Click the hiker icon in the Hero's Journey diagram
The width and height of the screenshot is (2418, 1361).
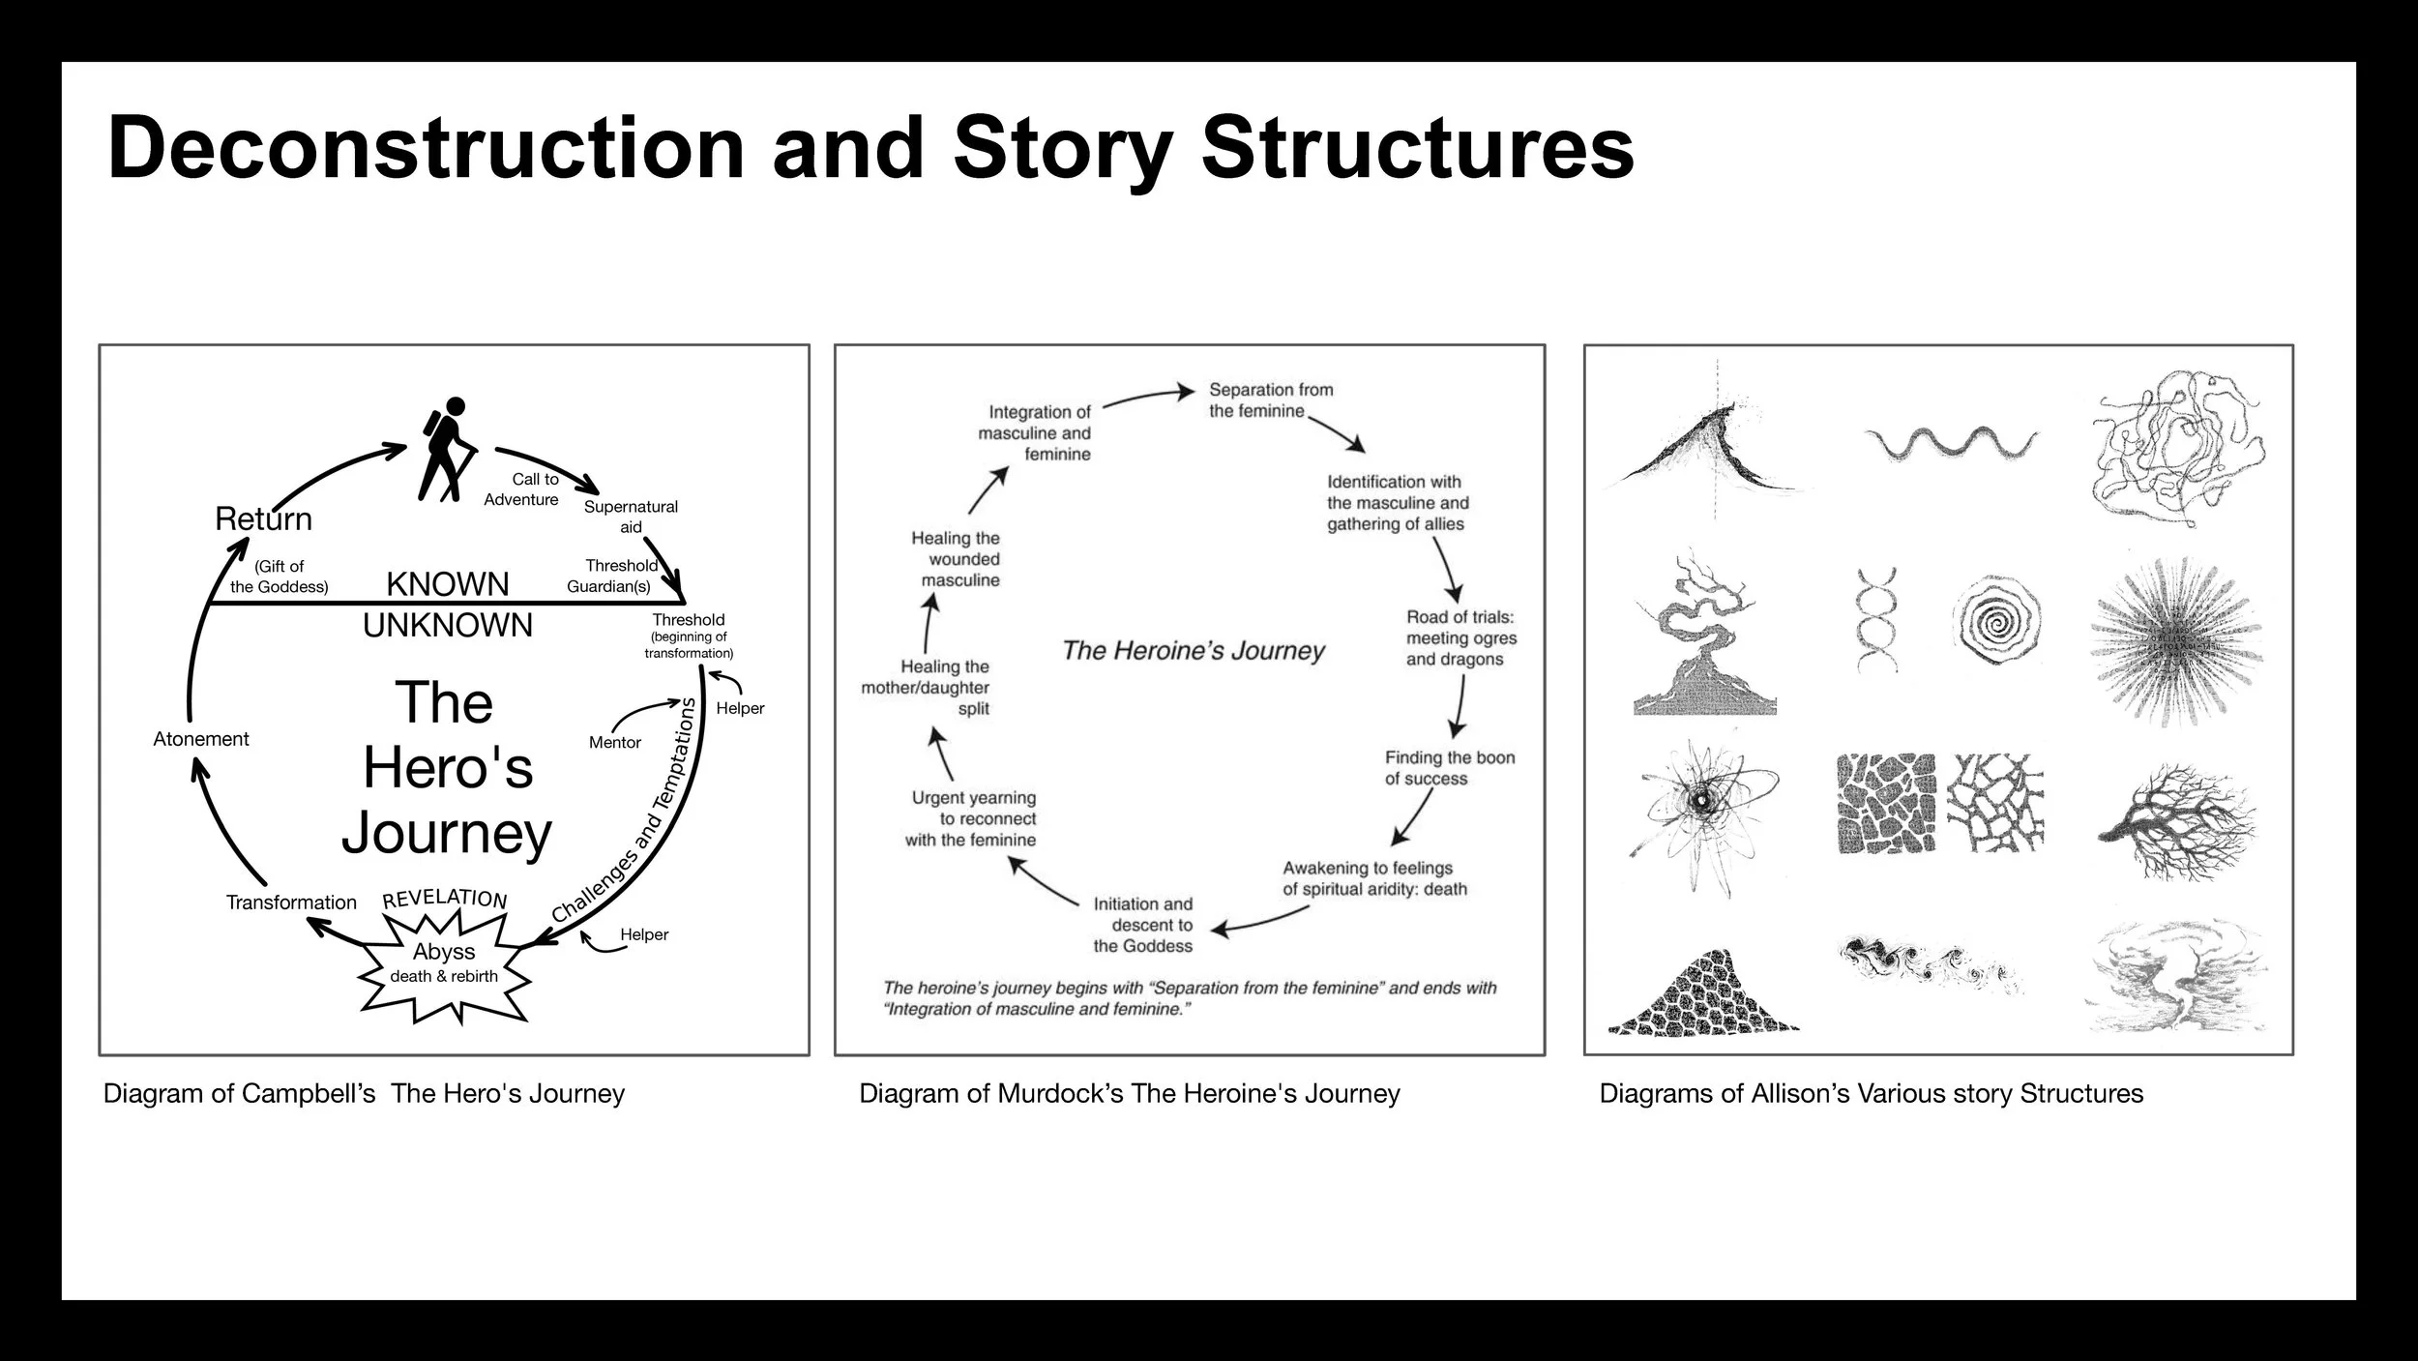pos(446,450)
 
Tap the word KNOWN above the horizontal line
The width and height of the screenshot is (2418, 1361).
pos(447,584)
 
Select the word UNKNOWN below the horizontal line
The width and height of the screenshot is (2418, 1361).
pos(447,626)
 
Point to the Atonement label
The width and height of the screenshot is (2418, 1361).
pos(200,739)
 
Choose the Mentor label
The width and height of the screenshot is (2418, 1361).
pos(614,742)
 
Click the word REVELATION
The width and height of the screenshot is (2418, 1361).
pos(444,898)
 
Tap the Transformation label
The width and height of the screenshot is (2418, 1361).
pos(291,902)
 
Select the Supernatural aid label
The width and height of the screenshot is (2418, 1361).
pos(631,517)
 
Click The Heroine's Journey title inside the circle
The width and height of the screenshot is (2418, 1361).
pos(1193,650)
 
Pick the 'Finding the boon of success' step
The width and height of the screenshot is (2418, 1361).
pos(1449,768)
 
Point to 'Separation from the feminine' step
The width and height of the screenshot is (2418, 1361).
pos(1270,399)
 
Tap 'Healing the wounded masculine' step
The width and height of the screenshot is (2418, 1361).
pos(956,559)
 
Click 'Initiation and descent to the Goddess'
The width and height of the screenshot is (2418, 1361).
pos(1142,925)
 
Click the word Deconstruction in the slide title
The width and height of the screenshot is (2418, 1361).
pos(426,149)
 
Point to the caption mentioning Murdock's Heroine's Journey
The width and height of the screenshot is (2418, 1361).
pos(1129,1094)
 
